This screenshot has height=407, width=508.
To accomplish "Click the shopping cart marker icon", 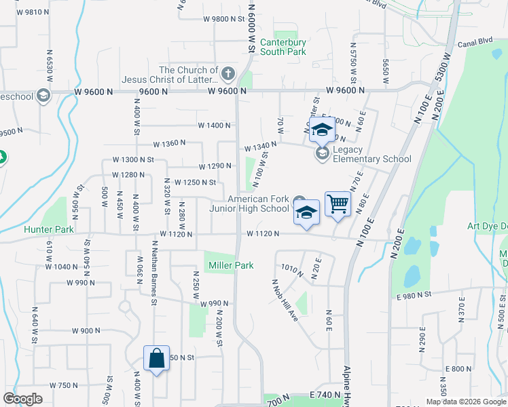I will click(338, 203).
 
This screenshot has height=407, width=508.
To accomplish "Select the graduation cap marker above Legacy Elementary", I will click(322, 129).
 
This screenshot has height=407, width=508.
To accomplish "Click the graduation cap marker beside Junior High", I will click(306, 212).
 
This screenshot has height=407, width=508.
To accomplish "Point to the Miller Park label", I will click(231, 265).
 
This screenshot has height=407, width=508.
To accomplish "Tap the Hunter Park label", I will click(48, 230).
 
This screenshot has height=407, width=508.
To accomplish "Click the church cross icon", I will click(229, 73).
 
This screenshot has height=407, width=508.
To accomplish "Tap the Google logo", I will click(22, 399).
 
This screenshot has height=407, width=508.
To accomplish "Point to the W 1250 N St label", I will click(195, 182).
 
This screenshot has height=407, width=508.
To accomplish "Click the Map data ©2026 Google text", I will click(465, 402).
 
